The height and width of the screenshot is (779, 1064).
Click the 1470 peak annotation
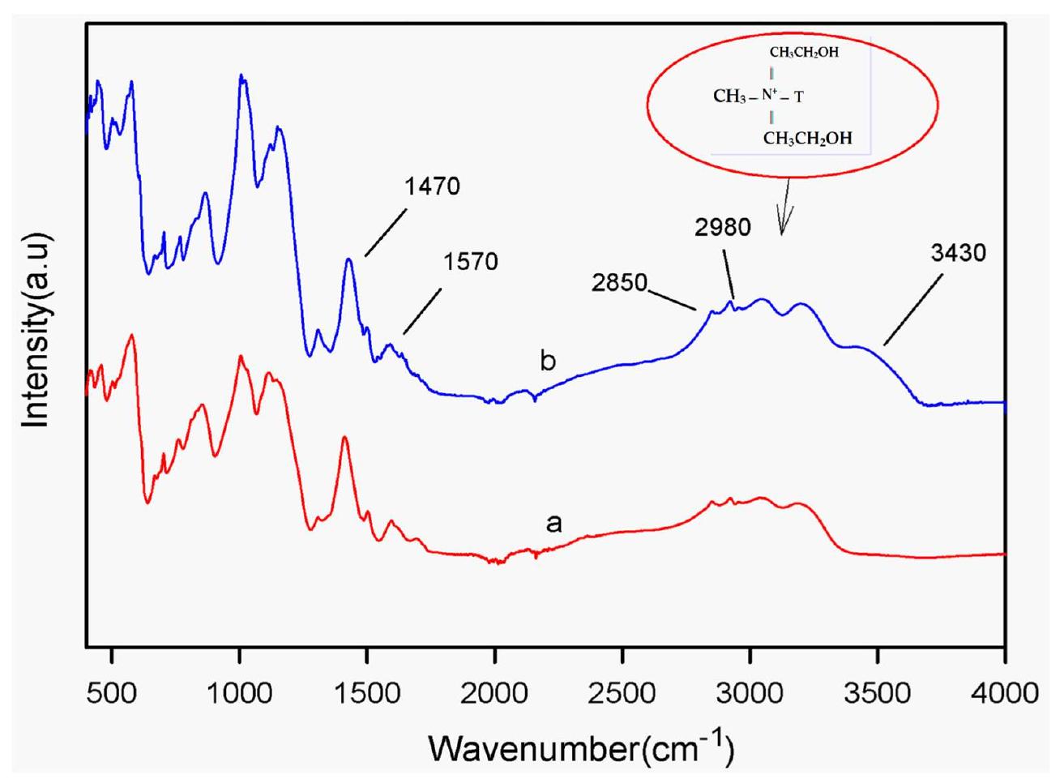[x=433, y=187]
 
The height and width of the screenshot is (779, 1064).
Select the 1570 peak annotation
[x=471, y=262]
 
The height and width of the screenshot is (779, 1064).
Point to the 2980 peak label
[x=723, y=228]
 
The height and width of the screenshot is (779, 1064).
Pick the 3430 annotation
[x=959, y=253]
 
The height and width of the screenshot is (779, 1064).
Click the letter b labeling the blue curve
[x=549, y=361]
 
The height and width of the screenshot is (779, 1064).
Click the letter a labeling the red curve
[x=553, y=524]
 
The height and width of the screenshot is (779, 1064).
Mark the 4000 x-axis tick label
[x=1005, y=694]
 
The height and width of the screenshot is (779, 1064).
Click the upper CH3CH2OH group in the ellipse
[x=804, y=54]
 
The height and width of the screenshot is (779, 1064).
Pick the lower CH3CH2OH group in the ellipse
[x=807, y=139]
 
